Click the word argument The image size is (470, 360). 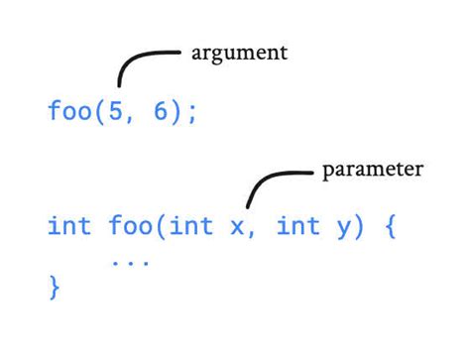[x=239, y=53]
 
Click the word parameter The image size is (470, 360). [x=372, y=170]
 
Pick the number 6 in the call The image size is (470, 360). [x=162, y=110]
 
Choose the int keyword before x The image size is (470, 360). [x=192, y=227]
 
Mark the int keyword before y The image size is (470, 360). [x=297, y=227]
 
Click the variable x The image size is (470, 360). [x=238, y=229]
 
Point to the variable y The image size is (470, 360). [x=342, y=230]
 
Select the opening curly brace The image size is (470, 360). [x=390, y=227]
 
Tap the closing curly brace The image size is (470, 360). [x=55, y=289]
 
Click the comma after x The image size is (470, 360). [x=253, y=235]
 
